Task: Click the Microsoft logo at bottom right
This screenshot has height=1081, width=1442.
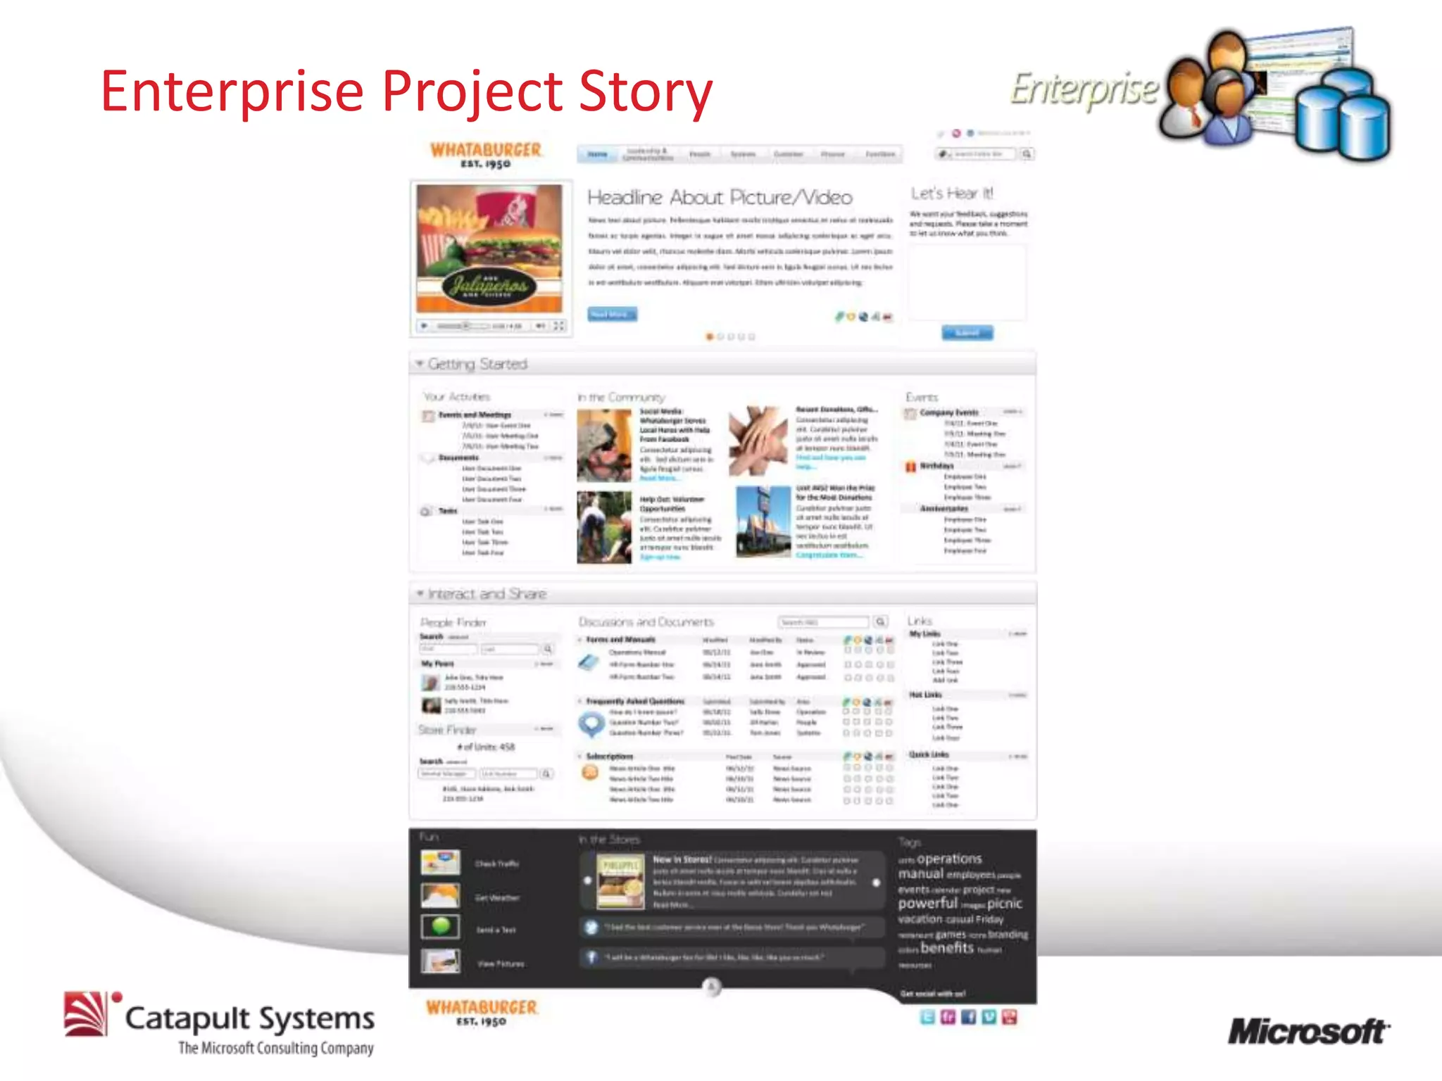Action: tap(1308, 1032)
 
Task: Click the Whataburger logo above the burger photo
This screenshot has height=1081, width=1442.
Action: tap(486, 155)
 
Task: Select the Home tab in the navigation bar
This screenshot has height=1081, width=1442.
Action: tap(598, 154)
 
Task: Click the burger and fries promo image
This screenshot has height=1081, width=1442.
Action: tap(489, 248)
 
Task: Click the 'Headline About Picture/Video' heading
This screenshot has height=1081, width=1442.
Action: tap(720, 197)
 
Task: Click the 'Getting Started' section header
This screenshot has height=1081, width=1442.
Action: tap(477, 364)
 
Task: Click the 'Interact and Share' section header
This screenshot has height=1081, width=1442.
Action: tap(487, 594)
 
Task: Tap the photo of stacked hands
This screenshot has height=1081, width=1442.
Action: tap(758, 441)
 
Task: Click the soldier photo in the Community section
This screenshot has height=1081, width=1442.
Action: tap(604, 445)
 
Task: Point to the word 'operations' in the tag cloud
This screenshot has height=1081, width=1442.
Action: tap(949, 859)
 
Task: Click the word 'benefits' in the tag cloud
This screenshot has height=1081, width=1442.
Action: tap(947, 948)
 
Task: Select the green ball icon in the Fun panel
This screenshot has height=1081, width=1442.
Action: tap(441, 926)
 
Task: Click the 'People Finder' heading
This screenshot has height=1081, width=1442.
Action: tap(453, 622)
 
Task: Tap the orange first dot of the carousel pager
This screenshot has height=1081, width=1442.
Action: tap(710, 337)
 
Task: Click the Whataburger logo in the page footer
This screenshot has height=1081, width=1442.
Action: tap(482, 1011)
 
